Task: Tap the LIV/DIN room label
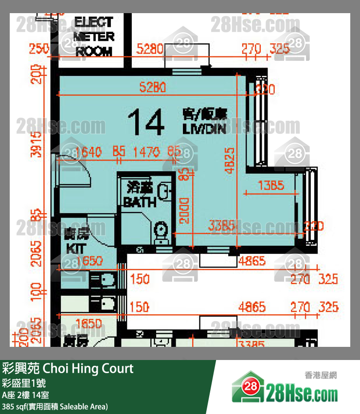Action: [205, 122]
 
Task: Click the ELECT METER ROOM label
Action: [94, 36]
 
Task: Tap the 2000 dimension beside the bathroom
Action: [183, 210]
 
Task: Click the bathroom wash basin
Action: [165, 191]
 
